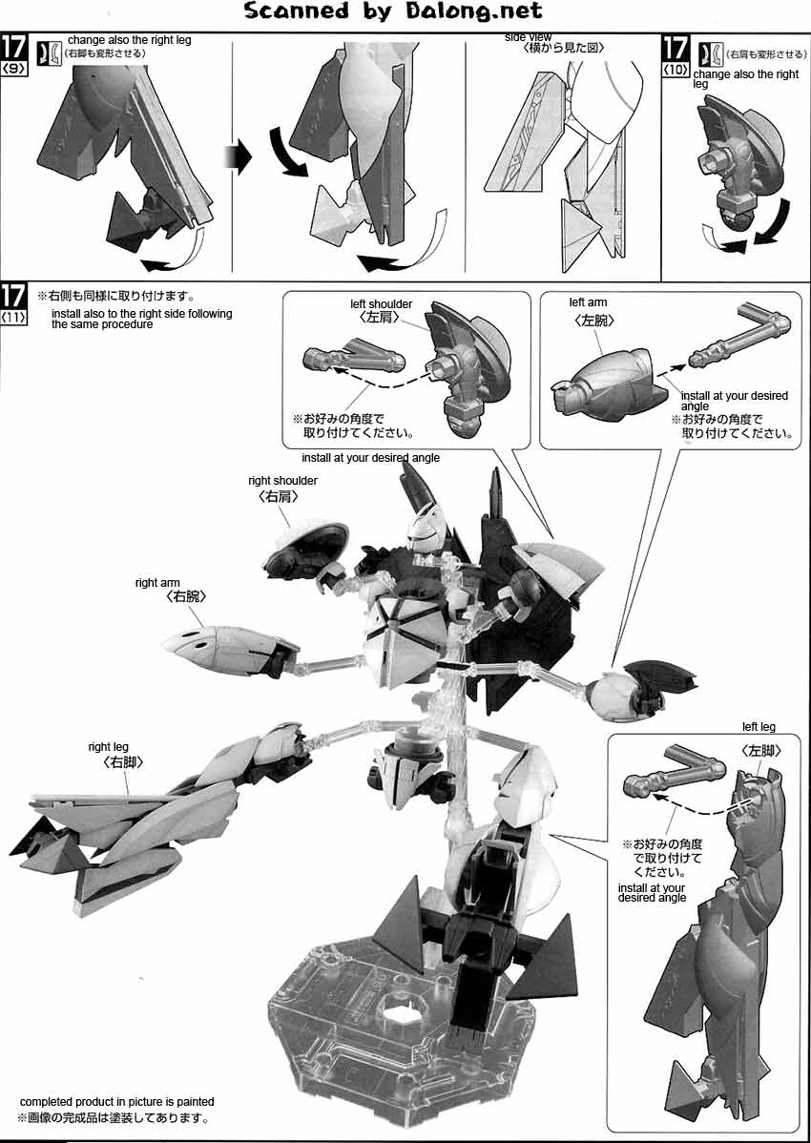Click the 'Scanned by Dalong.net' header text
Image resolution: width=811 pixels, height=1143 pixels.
(393, 12)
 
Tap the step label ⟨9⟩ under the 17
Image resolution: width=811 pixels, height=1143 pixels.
(15, 68)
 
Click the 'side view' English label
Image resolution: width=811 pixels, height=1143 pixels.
(528, 36)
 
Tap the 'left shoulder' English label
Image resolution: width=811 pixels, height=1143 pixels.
(381, 304)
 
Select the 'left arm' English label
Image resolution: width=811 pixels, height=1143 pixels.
(588, 302)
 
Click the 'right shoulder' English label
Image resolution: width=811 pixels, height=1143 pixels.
(282, 481)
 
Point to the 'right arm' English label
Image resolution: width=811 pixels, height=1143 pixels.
(158, 583)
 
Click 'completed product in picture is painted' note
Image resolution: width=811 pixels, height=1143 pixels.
(116, 1102)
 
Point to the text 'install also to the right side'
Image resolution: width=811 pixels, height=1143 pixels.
(141, 314)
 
